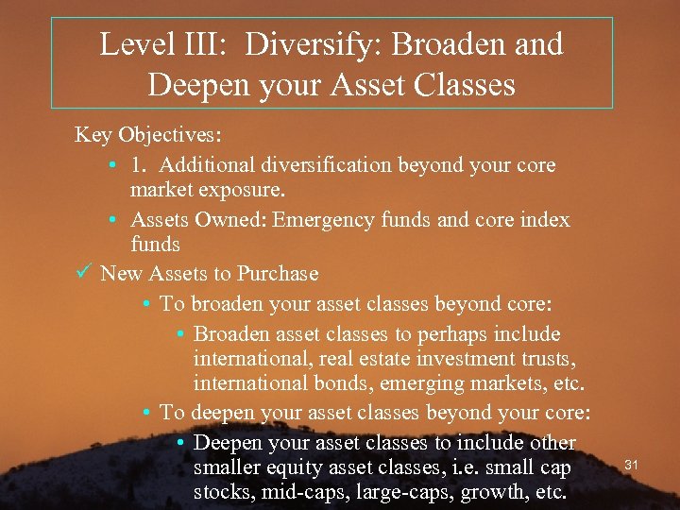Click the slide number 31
pos(633,465)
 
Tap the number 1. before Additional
pos(141,165)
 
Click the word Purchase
pos(278,274)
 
